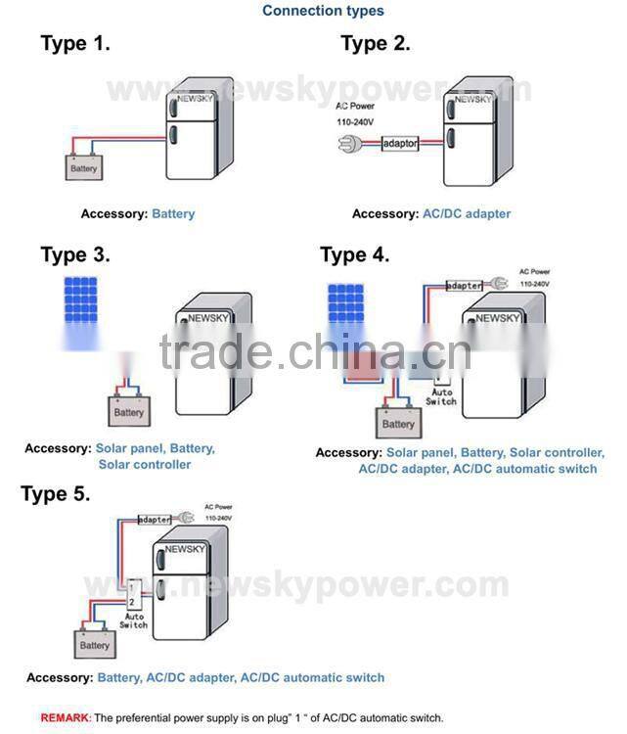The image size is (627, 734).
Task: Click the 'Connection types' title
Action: [323, 11]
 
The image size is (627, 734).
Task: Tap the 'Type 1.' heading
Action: [75, 43]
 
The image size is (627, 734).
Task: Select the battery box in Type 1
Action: [84, 168]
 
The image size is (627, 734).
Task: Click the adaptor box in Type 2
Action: [399, 144]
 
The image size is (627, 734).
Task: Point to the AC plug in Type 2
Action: [348, 145]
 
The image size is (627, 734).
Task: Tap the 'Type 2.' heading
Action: [376, 43]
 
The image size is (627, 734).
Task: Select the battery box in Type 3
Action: [128, 412]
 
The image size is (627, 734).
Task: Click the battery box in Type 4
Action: [398, 424]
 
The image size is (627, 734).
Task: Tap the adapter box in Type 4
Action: [464, 286]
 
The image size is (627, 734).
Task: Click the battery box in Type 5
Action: [95, 645]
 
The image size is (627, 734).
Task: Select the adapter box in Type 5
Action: [155, 520]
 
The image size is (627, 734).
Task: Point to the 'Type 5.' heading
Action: [56, 493]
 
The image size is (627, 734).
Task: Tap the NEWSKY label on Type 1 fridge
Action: [193, 101]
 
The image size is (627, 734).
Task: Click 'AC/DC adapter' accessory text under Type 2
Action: [467, 213]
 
